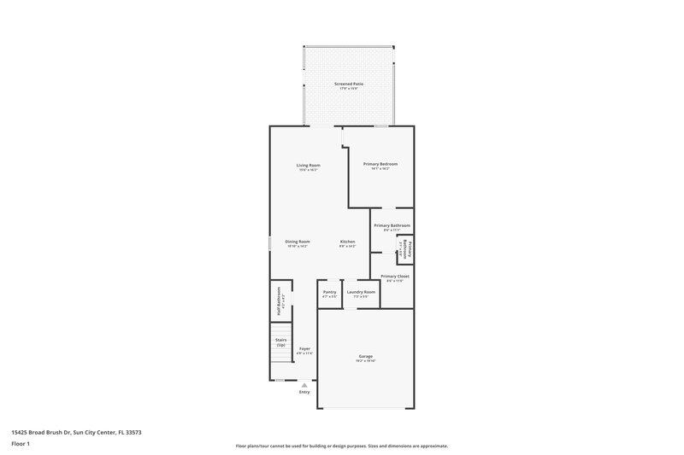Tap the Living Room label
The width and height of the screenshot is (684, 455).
[308, 165]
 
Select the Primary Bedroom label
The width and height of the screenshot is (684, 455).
[380, 164]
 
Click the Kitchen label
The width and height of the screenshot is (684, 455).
[347, 242]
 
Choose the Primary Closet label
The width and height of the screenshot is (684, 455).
[395, 277]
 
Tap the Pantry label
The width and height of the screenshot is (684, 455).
[329, 292]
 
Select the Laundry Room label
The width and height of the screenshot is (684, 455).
[361, 292]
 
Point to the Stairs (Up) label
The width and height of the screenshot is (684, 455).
[280, 341]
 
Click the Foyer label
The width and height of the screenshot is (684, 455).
[304, 349]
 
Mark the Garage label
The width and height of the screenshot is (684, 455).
[365, 356]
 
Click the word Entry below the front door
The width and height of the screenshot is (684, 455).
[304, 392]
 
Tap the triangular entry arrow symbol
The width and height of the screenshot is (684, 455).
[304, 385]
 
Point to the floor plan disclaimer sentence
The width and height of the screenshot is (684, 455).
[341, 446]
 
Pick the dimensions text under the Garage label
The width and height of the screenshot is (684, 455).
[365, 361]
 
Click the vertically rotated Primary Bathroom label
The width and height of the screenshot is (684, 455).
[409, 249]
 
